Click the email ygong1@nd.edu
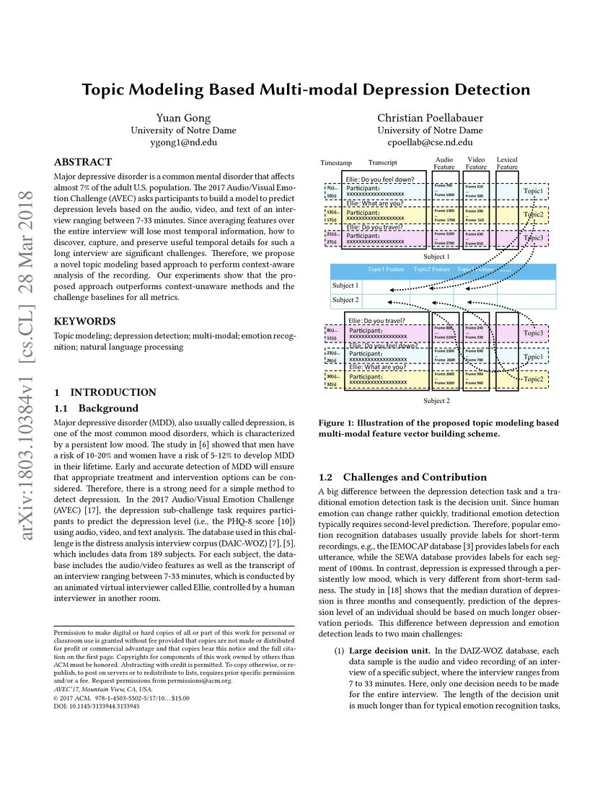pyautogui.click(x=174, y=142)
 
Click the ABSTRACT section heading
pyautogui.click(x=83, y=162)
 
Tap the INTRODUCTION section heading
pyautogui.click(x=113, y=392)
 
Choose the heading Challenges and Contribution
pyautogui.click(x=415, y=477)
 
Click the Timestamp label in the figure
pyautogui.click(x=335, y=164)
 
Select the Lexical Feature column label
pyautogui.click(x=507, y=163)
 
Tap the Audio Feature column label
pyautogui.click(x=444, y=163)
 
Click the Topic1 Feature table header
pyautogui.click(x=387, y=270)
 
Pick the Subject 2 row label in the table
pyautogui.click(x=345, y=300)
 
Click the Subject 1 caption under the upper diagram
pyautogui.click(x=436, y=256)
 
